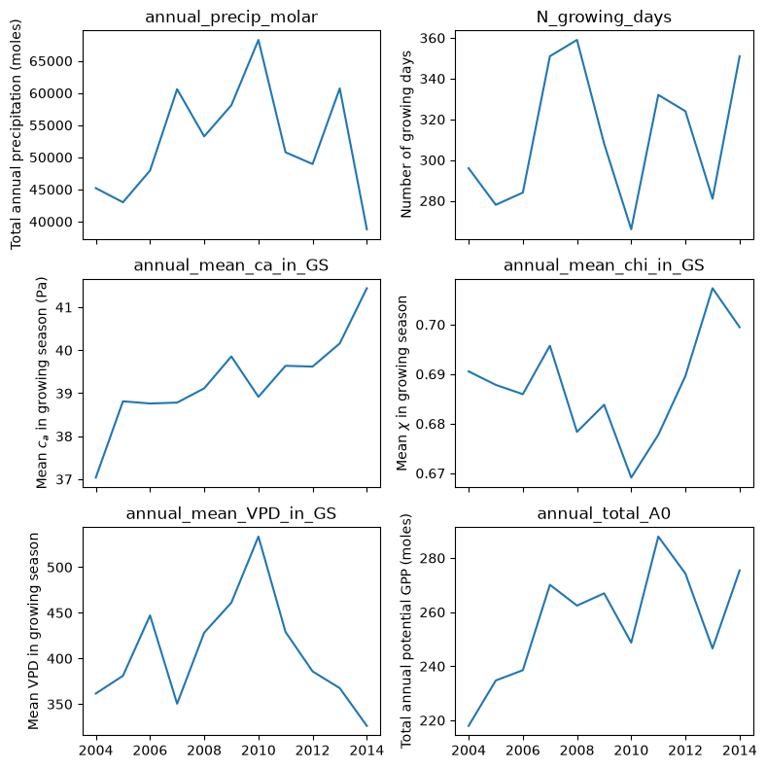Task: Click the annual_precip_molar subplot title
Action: point(231,17)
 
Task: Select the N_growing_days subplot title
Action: point(604,17)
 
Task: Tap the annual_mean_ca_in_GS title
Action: point(231,265)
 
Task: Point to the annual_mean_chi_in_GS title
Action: point(604,265)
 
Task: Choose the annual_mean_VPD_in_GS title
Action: point(231,514)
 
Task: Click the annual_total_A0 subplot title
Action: point(604,513)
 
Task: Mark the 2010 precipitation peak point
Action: point(259,40)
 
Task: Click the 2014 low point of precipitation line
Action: point(366,229)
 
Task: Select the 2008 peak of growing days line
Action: point(577,40)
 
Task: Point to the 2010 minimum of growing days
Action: point(631,229)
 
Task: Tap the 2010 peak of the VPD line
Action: point(259,537)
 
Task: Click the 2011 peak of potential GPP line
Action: point(659,537)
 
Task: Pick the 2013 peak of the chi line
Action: point(713,288)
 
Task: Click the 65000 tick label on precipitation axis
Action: point(51,61)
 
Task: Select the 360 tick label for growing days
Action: point(432,38)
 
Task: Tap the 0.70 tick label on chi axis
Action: point(430,326)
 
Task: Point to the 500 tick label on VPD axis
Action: point(59,568)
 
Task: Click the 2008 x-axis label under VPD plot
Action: point(204,751)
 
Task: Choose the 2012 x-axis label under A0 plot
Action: point(685,751)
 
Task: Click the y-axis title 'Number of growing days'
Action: point(406,134)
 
